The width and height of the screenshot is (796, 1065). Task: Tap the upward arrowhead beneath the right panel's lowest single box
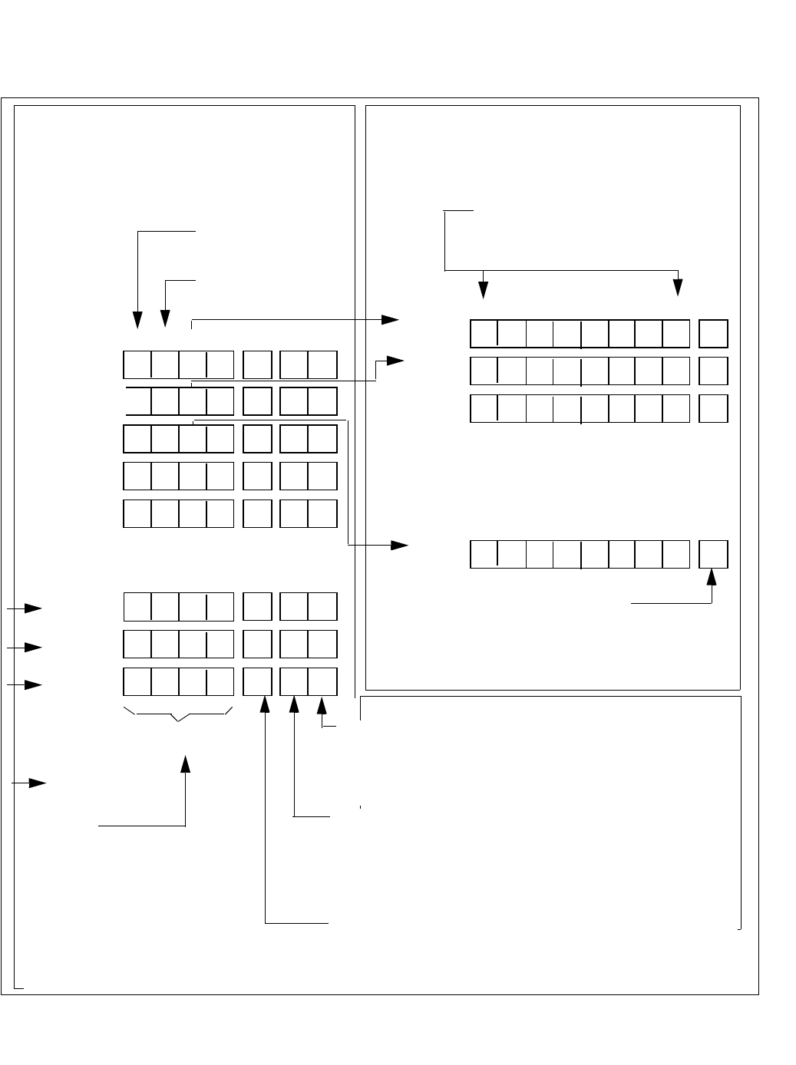[712, 576]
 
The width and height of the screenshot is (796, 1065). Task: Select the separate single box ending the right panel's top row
[714, 334]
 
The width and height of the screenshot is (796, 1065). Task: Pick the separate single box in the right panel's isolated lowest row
[714, 554]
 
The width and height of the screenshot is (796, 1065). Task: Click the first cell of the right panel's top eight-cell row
[484, 334]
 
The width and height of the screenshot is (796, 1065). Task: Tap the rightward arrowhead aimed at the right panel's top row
[391, 320]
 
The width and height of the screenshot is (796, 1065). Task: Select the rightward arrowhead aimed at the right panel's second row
[395, 360]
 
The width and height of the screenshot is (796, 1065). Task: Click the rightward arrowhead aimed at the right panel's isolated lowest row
[399, 546]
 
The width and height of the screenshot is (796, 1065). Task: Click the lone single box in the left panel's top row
[257, 364]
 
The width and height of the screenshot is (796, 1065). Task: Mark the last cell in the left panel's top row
[323, 364]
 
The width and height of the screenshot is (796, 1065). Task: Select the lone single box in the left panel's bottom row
[257, 682]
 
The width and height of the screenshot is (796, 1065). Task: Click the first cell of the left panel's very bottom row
[137, 682]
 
